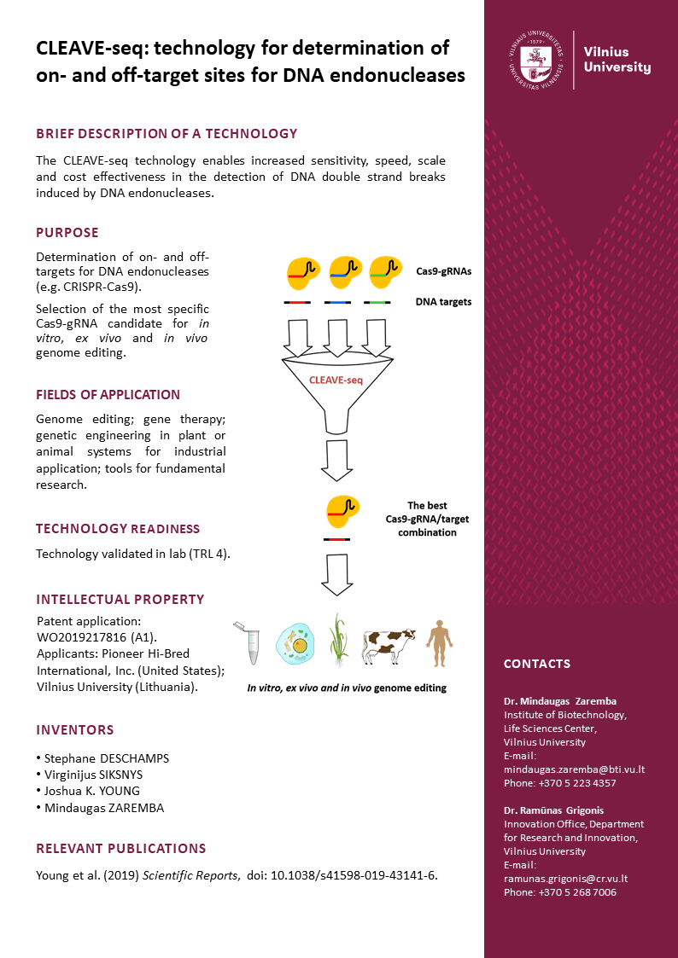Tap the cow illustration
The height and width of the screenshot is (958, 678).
pyautogui.click(x=389, y=646)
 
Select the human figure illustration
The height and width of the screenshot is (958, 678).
pyautogui.click(x=440, y=642)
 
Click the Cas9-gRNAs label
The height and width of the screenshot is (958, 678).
pyautogui.click(x=444, y=270)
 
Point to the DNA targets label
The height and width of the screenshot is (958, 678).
pyautogui.click(x=443, y=301)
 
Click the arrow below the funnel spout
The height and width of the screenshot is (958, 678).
pyautogui.click(x=337, y=462)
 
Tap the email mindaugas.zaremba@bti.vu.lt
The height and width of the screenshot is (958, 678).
pyautogui.click(x=574, y=769)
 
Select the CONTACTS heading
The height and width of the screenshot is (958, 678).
pyautogui.click(x=536, y=664)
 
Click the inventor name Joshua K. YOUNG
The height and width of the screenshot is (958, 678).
pyautogui.click(x=88, y=791)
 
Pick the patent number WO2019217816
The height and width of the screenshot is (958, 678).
pyautogui.click(x=83, y=637)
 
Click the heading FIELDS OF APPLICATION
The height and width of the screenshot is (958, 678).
pyautogui.click(x=108, y=395)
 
